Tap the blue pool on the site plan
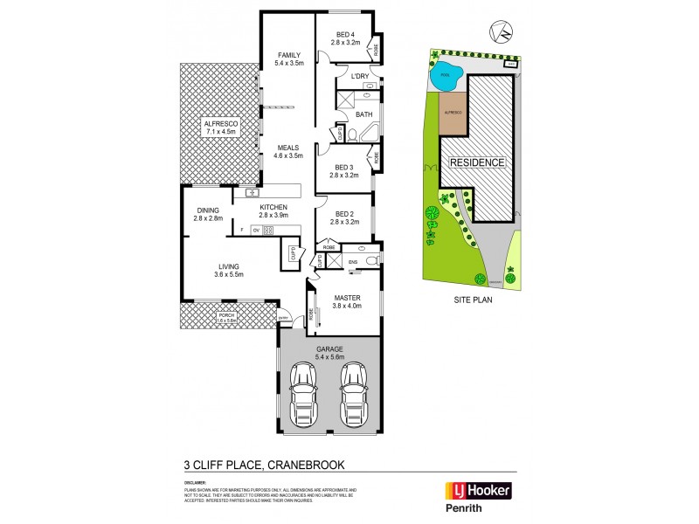coord(447,74)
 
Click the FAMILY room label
coord(288,54)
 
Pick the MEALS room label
coord(288,148)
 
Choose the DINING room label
coord(208,210)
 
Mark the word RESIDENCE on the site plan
coord(477,163)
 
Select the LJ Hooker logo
coord(480,489)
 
